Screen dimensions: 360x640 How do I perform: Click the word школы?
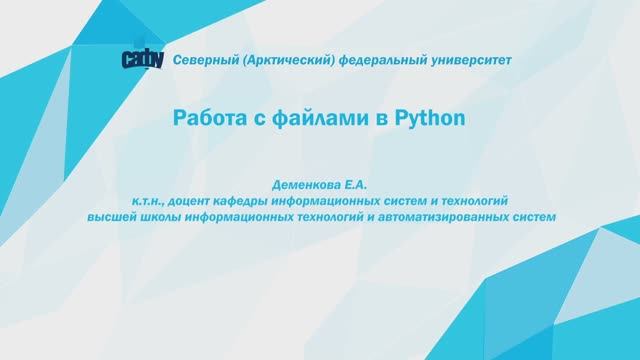pos(160,216)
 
